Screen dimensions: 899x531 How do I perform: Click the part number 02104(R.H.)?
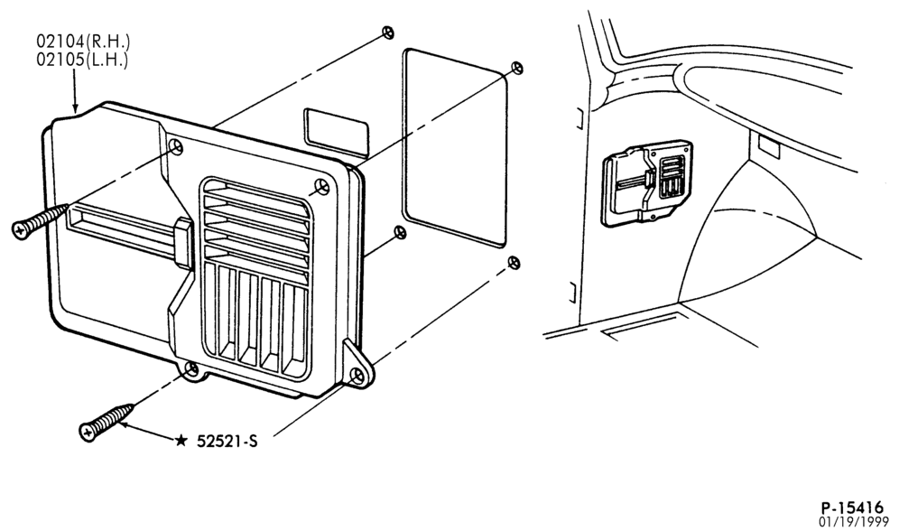84,42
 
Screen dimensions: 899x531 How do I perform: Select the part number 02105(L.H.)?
82,60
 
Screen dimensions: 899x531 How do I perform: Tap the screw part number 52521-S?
227,441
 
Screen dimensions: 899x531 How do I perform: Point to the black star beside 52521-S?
181,441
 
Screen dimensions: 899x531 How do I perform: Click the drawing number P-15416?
853,508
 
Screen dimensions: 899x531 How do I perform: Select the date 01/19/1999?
854,522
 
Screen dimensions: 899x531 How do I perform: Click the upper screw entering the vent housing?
39,221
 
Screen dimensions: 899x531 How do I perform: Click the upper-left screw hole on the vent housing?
176,147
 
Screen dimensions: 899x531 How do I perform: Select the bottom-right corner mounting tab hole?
357,376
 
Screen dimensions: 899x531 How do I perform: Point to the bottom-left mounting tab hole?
192,368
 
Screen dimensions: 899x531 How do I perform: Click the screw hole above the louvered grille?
323,186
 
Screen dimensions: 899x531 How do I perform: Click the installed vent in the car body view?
647,182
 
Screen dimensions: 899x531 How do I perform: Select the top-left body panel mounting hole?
389,33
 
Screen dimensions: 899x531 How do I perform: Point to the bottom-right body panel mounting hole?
514,263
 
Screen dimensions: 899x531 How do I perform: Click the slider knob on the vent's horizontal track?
183,241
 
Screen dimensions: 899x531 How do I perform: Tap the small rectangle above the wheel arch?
768,146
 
